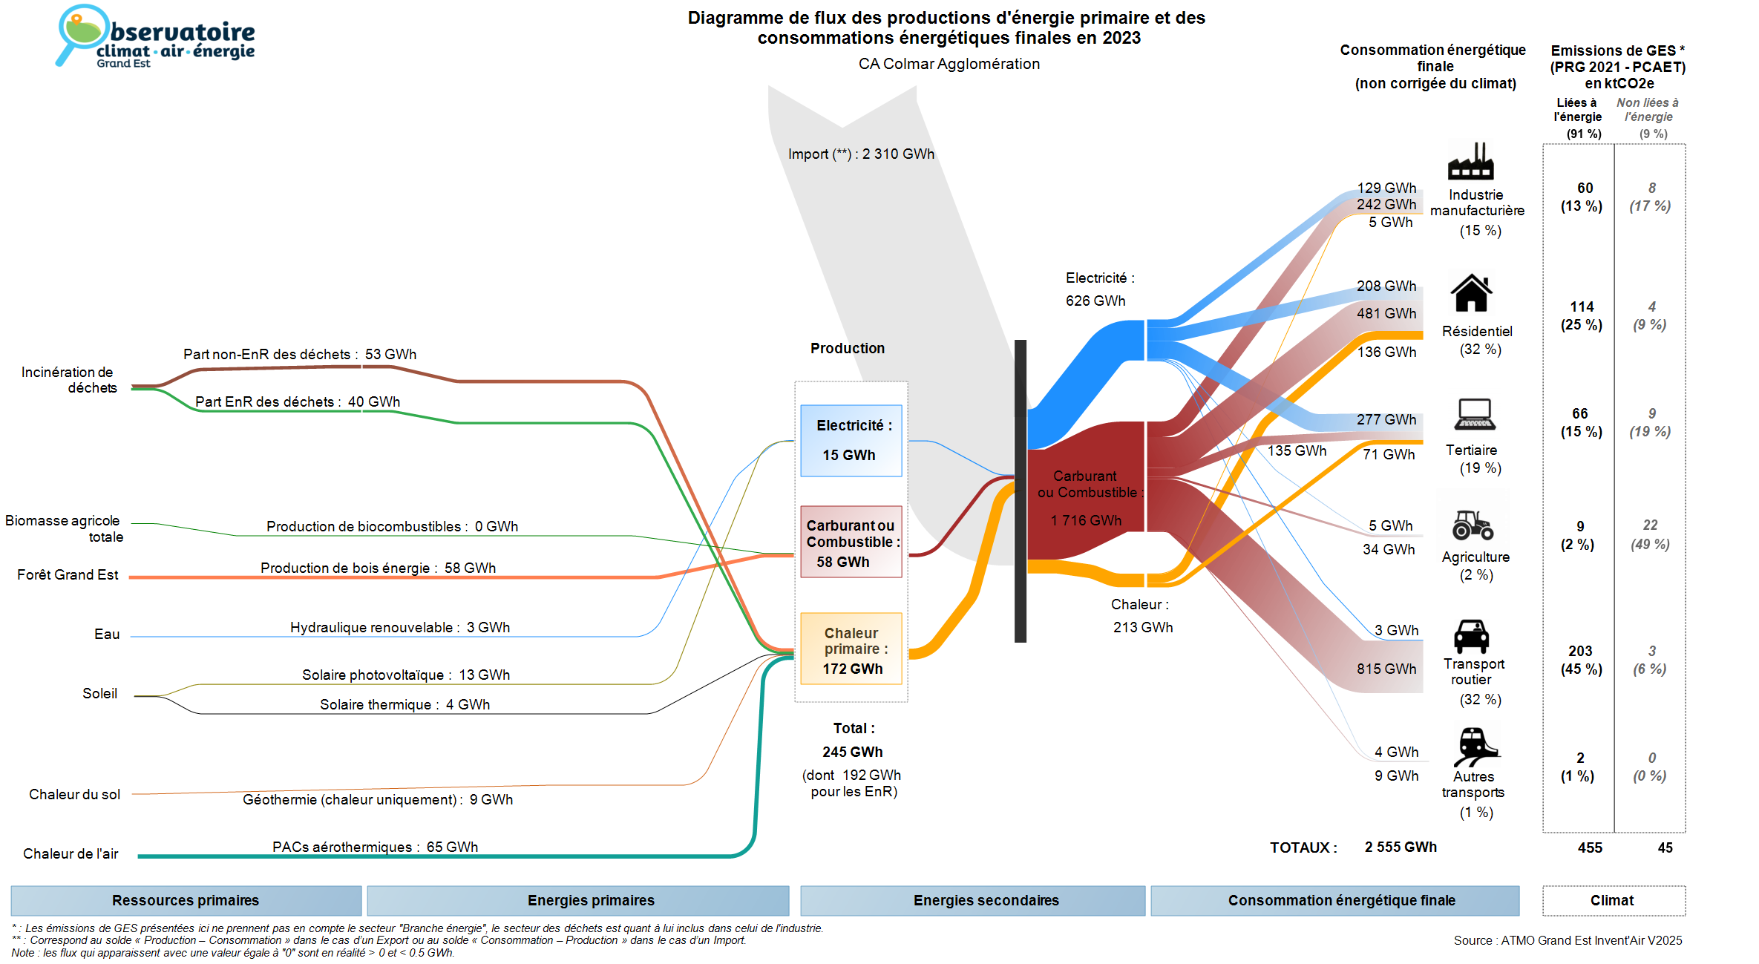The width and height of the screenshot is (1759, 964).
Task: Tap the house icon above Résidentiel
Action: coord(1471,293)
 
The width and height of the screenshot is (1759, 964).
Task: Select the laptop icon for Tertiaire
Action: coord(1475,415)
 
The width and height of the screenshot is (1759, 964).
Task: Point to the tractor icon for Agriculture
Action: coord(1473,525)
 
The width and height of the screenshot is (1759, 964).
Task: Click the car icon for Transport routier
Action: coord(1471,636)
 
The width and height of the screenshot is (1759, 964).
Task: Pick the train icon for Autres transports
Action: coord(1475,746)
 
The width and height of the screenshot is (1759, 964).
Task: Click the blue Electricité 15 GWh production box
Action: coord(851,440)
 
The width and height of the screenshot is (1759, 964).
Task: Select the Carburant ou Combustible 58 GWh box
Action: coord(851,542)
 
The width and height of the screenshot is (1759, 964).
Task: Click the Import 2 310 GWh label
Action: coord(861,154)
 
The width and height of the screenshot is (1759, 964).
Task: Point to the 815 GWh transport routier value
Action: coord(1386,669)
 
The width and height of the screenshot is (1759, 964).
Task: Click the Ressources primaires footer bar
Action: coord(186,900)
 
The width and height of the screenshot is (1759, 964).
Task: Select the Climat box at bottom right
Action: coord(1613,900)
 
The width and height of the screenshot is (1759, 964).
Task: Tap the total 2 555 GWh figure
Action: coord(1401,847)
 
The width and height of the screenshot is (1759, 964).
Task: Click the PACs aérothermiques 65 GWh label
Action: coord(375,847)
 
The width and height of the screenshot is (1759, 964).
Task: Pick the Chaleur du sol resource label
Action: coord(74,794)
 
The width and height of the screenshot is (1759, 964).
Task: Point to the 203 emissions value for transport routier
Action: coord(1580,651)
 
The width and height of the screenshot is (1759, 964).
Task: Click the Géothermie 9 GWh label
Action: coord(378,799)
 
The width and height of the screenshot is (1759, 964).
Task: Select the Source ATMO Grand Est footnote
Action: coord(1568,940)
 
